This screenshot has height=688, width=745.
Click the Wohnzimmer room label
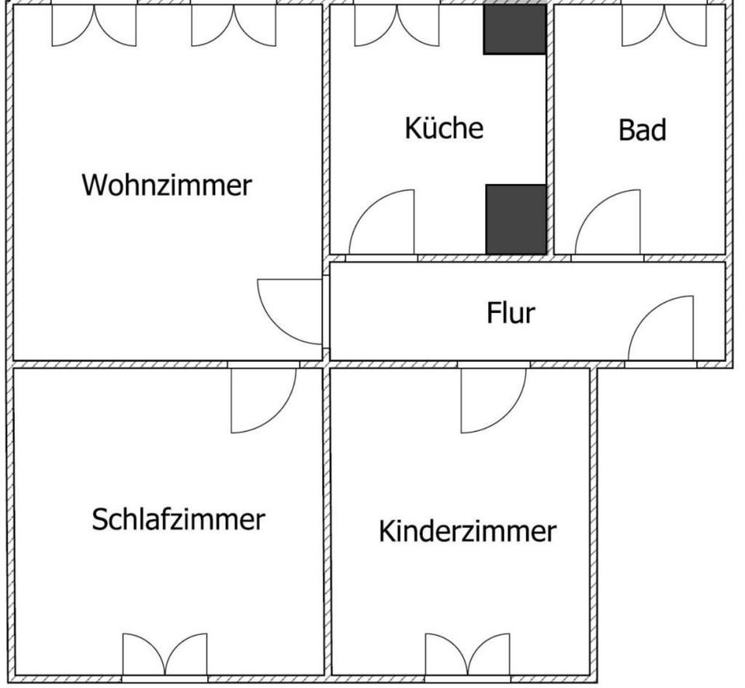(x=167, y=186)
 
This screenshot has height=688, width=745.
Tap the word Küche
(x=443, y=128)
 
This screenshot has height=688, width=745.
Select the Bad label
(x=642, y=130)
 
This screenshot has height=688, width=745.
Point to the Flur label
(x=511, y=313)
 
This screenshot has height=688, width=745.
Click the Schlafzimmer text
(x=178, y=519)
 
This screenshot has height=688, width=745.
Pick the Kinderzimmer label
(x=466, y=532)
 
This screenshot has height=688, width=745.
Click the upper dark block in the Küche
(x=515, y=30)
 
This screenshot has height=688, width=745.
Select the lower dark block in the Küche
(x=515, y=218)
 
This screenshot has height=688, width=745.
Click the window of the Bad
(x=663, y=23)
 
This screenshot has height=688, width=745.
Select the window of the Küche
(x=397, y=23)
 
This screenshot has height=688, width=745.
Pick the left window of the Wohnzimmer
(x=94, y=23)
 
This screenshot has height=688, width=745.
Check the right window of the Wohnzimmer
(x=234, y=23)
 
